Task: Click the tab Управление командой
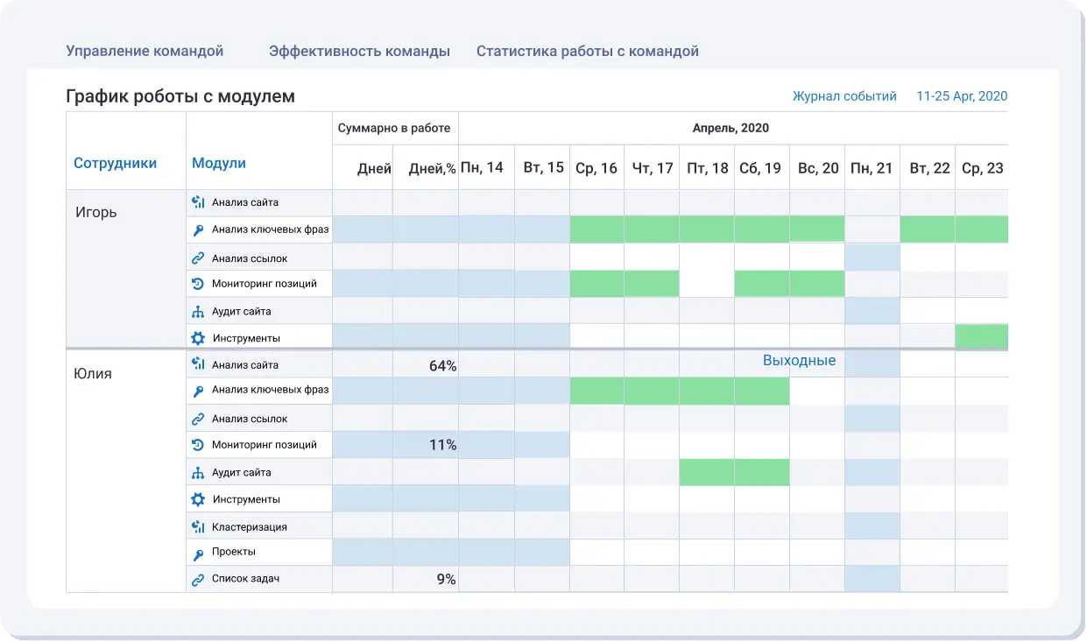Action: (145, 51)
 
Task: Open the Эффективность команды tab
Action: (359, 51)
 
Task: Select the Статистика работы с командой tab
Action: (587, 51)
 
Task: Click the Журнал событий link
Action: (844, 96)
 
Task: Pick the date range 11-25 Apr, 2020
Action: (962, 96)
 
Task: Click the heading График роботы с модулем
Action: (180, 96)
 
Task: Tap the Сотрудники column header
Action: (115, 163)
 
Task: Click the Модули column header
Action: (219, 163)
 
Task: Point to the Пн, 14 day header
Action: (482, 167)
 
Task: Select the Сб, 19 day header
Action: (759, 167)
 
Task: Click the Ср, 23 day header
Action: (982, 167)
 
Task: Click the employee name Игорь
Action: (96, 212)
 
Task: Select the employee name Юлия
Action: (93, 374)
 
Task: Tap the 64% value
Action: (442, 365)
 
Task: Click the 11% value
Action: (442, 445)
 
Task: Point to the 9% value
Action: (446, 579)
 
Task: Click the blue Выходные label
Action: (799, 361)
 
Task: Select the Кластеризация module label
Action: (250, 527)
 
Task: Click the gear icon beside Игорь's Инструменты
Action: (198, 338)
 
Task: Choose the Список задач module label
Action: (245, 579)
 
